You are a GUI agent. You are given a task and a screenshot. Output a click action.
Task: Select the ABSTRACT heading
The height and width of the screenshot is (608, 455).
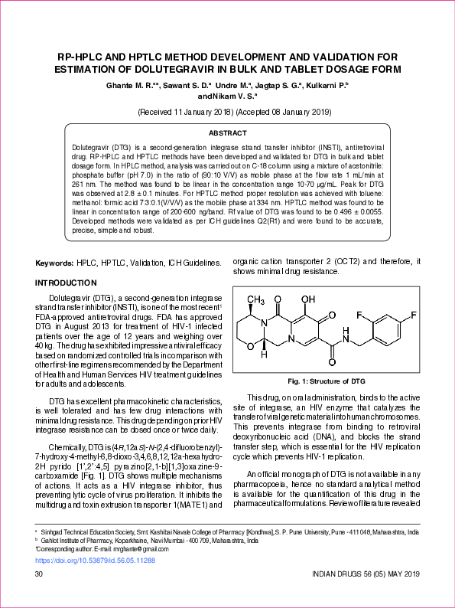tap(227, 133)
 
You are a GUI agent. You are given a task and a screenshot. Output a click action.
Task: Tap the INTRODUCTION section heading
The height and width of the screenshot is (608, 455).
tap(67, 283)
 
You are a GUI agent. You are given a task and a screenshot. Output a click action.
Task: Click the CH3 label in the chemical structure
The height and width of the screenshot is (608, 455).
tap(255, 299)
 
